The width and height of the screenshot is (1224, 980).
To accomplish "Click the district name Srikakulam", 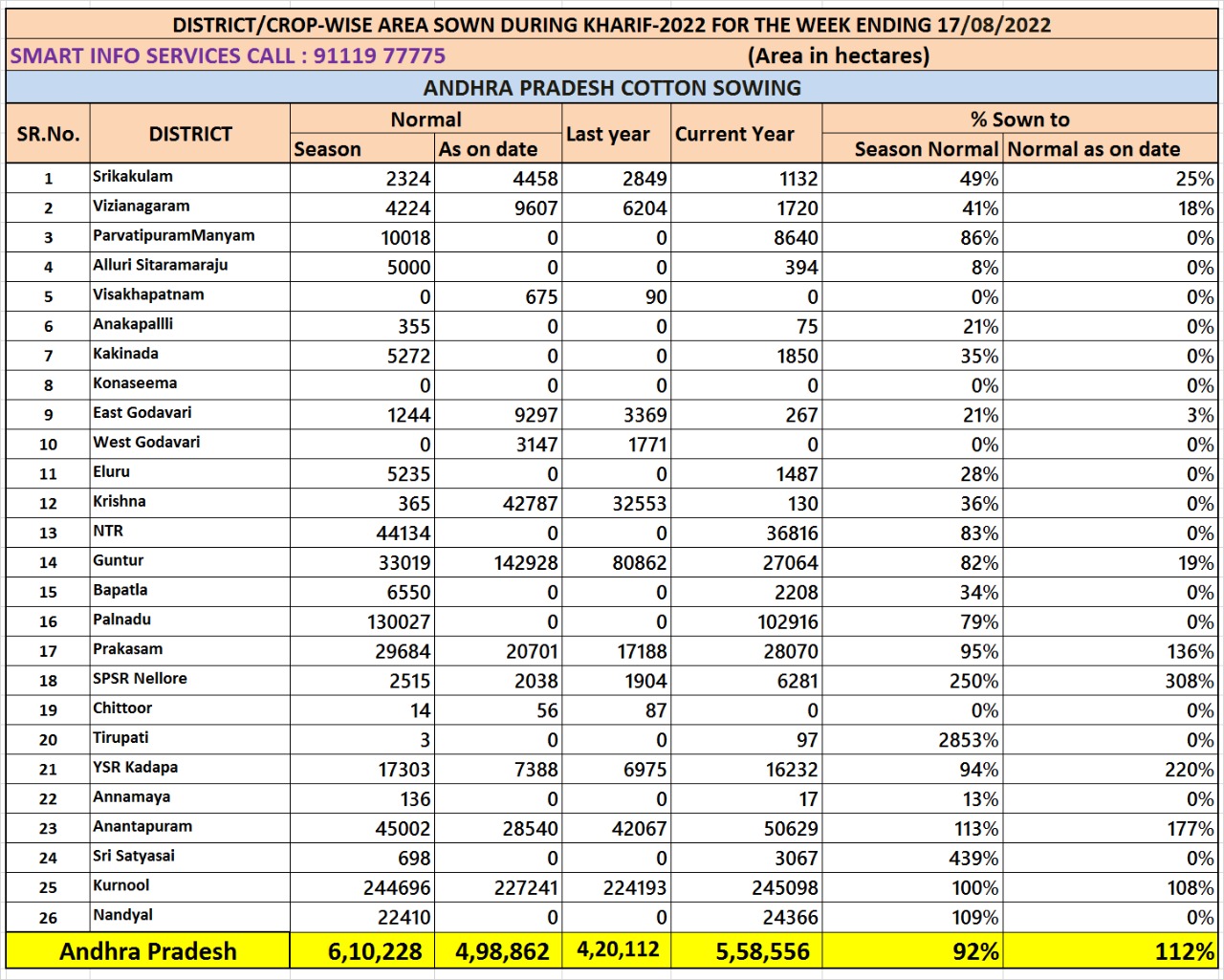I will [x=133, y=177].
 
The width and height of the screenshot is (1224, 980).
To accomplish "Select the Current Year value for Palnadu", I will [x=788, y=622].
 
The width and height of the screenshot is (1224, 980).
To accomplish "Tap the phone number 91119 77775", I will [x=380, y=55].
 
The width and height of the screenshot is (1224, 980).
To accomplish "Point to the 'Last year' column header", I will [x=608, y=135].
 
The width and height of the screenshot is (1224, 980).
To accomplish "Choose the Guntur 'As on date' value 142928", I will [x=526, y=563].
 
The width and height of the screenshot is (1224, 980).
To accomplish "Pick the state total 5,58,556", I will [x=763, y=952].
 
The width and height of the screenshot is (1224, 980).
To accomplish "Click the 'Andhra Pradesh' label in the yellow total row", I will [x=147, y=952].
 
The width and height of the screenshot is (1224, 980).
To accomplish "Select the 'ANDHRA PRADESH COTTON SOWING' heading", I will [x=612, y=88].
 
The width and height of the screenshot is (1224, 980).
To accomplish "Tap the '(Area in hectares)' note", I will [x=839, y=55].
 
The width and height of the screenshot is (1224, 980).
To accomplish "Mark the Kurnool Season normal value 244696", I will [x=397, y=889].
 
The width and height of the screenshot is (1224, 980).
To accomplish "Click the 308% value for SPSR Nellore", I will [x=1189, y=682].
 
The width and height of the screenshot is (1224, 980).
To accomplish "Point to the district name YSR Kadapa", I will [x=135, y=768].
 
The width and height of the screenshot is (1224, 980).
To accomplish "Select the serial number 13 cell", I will [x=48, y=534].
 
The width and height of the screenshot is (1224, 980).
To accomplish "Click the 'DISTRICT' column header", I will [x=190, y=134].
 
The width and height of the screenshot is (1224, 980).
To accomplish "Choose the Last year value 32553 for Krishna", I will [x=640, y=504].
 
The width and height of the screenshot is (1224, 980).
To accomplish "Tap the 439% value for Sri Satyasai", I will [x=973, y=860].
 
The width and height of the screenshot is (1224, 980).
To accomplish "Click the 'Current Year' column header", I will [x=734, y=135].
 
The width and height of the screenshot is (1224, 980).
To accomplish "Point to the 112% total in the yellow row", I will [x=1184, y=952].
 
